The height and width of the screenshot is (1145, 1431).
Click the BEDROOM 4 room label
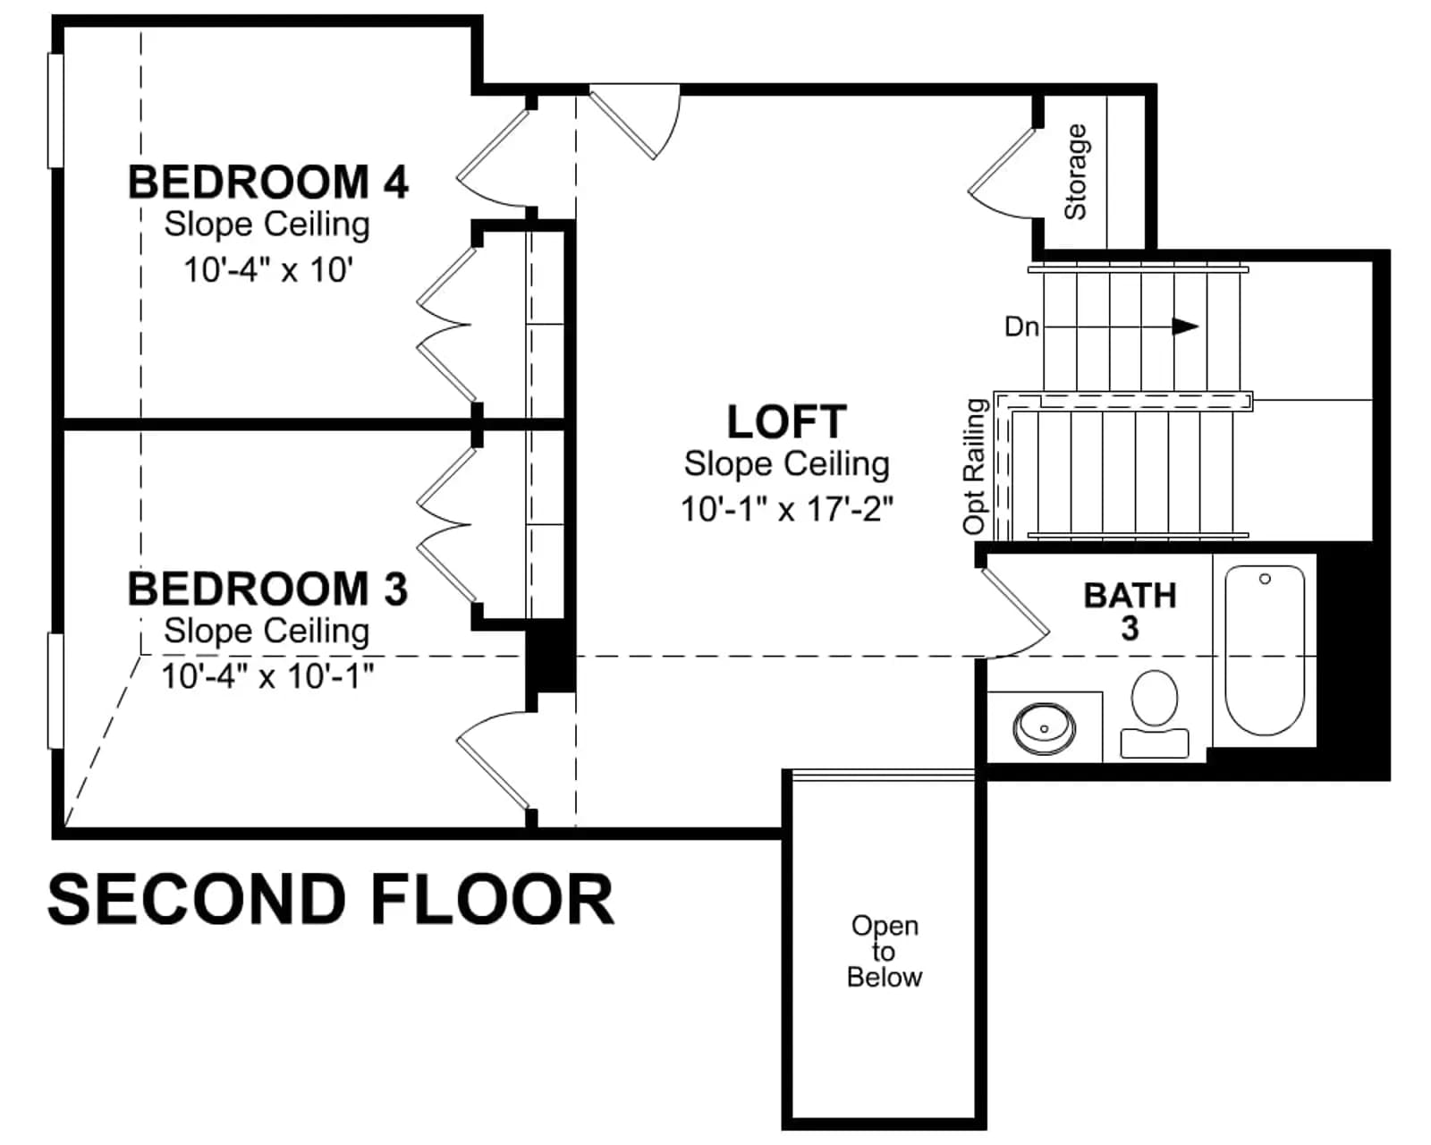(268, 182)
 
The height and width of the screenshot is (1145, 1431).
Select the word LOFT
(787, 422)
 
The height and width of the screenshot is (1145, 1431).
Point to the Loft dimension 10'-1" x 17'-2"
(787, 510)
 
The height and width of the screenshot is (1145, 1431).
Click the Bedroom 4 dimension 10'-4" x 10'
(268, 270)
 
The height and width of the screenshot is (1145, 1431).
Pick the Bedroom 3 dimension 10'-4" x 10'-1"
(267, 676)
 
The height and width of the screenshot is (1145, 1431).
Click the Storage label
(1075, 173)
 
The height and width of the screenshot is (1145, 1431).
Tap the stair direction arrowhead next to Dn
(1185, 327)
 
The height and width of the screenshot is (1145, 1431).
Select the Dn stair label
(1021, 327)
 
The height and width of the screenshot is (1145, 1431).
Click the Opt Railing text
(975, 466)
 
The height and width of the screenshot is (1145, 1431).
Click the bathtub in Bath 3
(1265, 650)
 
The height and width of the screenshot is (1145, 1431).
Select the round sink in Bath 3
(1044, 728)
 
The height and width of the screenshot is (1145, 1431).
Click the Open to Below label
(885, 952)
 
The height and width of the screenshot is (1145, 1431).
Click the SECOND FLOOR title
(331, 900)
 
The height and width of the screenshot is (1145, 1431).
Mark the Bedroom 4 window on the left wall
(55, 110)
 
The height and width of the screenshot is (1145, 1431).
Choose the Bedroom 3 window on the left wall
(55, 691)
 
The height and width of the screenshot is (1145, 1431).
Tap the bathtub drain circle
(1265, 579)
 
